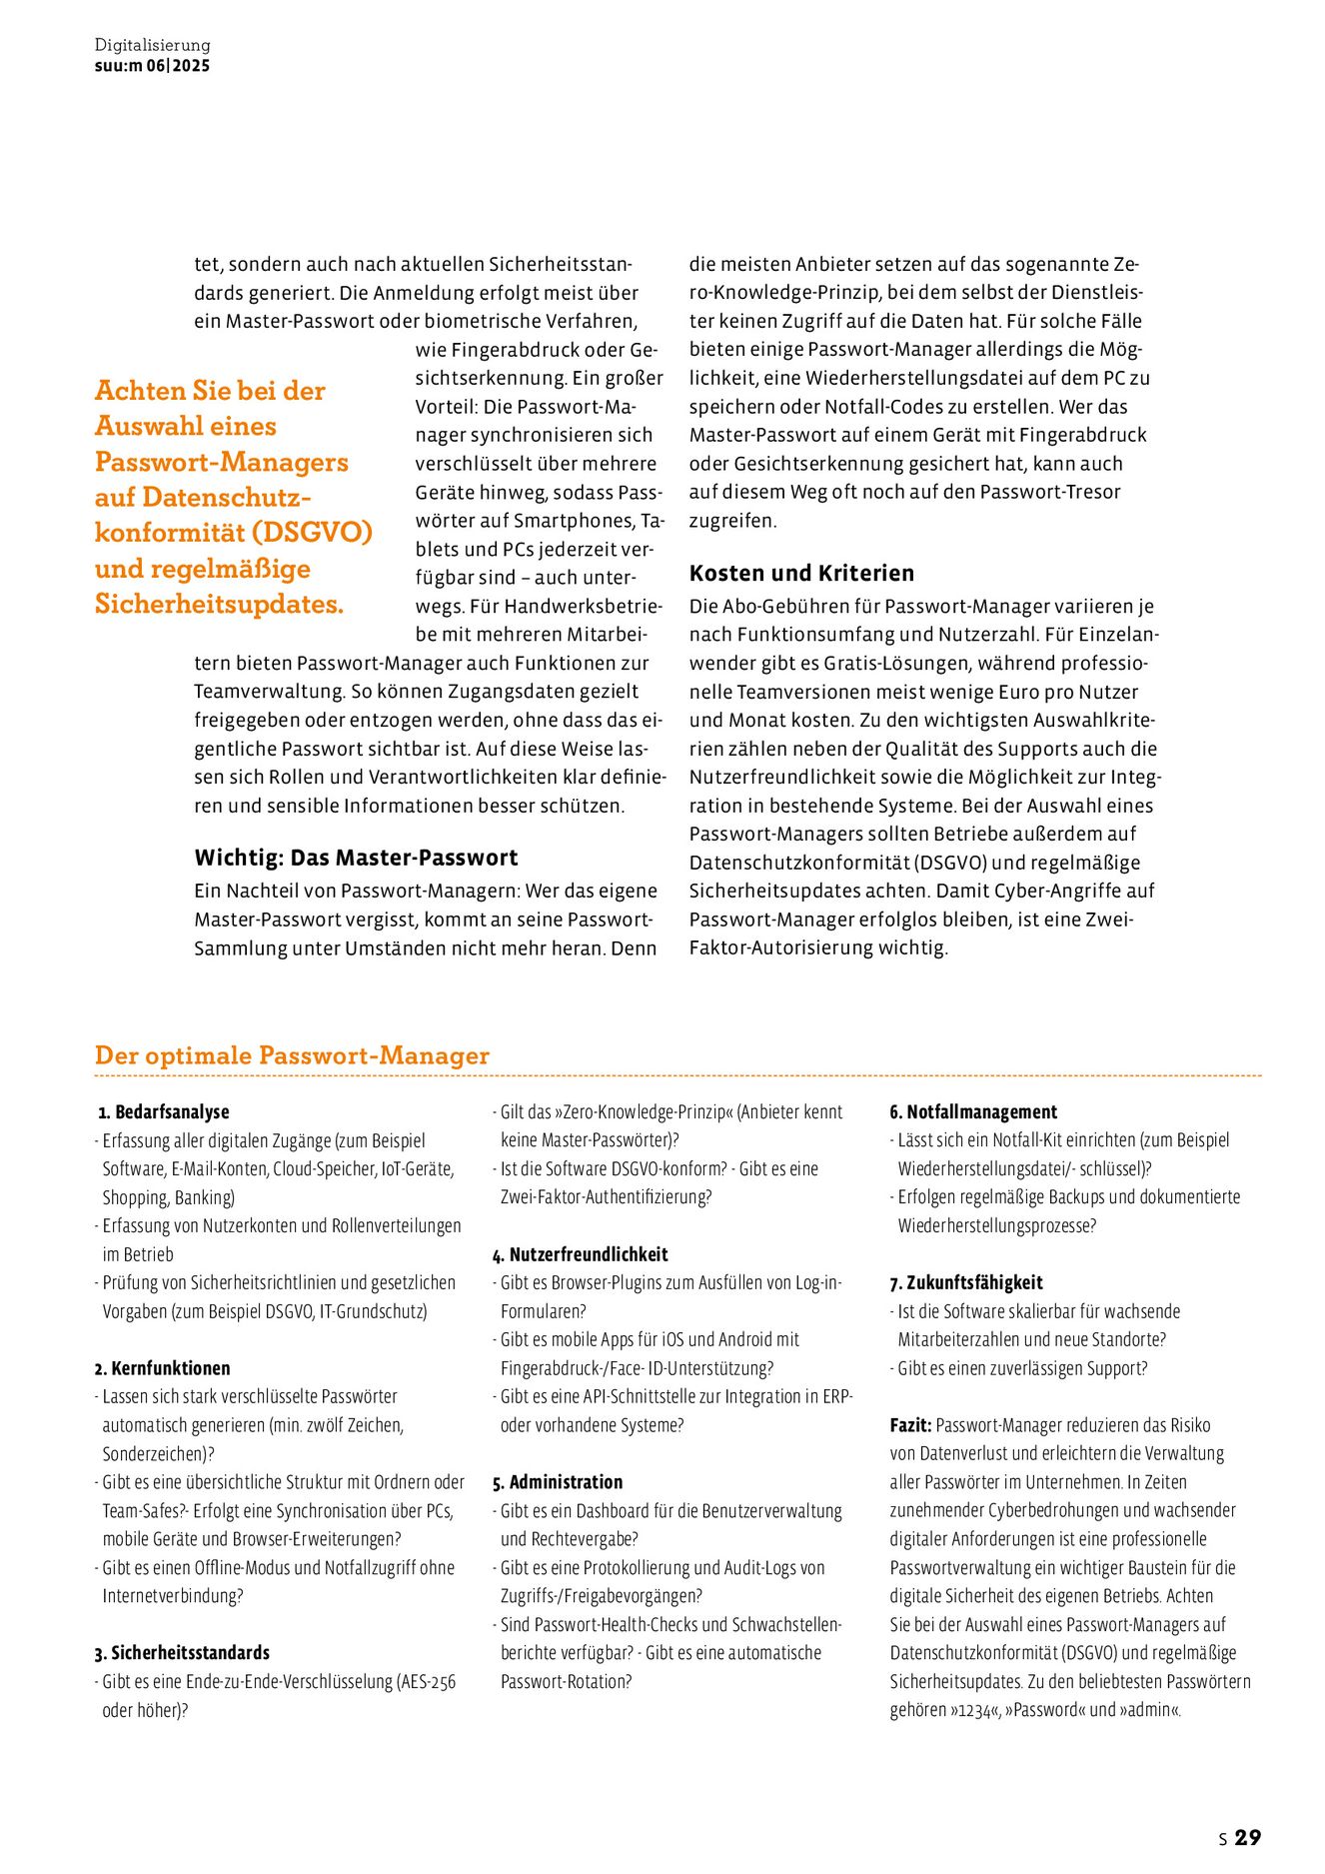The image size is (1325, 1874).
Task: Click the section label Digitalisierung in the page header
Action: (x=152, y=45)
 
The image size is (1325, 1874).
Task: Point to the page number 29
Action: (x=1248, y=1837)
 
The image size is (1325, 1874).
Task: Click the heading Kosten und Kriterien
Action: (x=801, y=573)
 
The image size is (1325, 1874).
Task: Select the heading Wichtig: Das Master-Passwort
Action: (x=356, y=858)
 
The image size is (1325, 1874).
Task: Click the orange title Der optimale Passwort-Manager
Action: (x=292, y=1055)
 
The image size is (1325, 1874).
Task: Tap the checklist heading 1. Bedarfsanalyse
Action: (x=164, y=1111)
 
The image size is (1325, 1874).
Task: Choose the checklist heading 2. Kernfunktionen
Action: (x=162, y=1368)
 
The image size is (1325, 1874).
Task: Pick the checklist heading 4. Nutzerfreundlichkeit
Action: (x=580, y=1254)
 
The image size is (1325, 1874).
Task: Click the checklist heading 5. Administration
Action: (x=558, y=1482)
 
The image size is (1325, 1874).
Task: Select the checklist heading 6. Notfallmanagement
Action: (x=973, y=1111)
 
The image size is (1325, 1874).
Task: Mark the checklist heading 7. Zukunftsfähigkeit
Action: (x=966, y=1282)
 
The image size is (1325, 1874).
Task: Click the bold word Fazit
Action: (x=910, y=1425)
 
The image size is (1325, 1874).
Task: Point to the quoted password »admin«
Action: (x=1149, y=1710)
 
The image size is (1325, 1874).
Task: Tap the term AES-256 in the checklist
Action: (x=428, y=1682)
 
